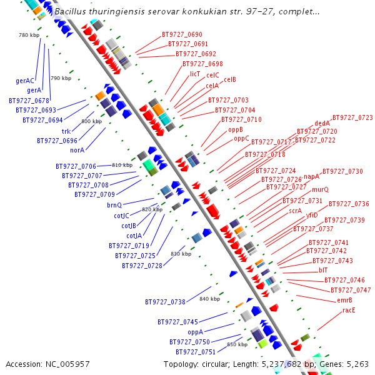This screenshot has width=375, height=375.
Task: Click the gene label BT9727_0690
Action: coord(182,34)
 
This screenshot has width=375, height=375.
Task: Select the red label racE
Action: coord(349,310)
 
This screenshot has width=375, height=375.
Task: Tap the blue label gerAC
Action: coord(25,81)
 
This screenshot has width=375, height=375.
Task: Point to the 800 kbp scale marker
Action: coord(91,121)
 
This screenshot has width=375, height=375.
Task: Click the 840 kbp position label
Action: coord(209,299)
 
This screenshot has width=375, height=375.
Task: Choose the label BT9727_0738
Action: coord(165,302)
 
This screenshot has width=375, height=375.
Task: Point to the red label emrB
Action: coord(344,300)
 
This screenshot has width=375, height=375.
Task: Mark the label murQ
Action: coord(320,189)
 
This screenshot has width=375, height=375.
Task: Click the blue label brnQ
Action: coord(114,205)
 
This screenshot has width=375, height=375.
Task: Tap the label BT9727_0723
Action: coord(352,117)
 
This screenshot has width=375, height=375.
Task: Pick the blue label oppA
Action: coord(196,332)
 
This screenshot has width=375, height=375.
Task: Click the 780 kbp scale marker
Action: coord(29,35)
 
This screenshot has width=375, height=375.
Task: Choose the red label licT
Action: coord(195,74)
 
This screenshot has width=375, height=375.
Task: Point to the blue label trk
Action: coord(66,131)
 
